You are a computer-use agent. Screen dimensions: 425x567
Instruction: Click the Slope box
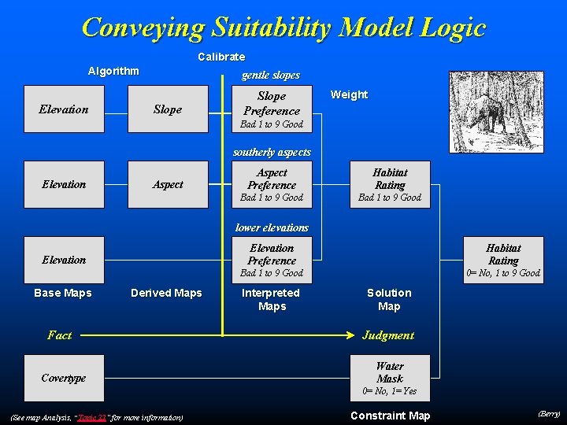click(x=168, y=109)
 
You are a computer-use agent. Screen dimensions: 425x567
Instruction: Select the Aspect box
click(x=168, y=184)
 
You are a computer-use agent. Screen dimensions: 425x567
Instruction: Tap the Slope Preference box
click(x=272, y=109)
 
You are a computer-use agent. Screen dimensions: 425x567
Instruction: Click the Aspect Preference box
click(x=272, y=184)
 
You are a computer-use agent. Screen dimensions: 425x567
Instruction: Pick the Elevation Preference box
click(x=272, y=260)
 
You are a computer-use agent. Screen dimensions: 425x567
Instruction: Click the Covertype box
click(x=64, y=378)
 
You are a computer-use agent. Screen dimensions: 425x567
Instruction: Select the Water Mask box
click(x=390, y=378)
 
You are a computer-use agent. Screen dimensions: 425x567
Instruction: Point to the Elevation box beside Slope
click(x=64, y=109)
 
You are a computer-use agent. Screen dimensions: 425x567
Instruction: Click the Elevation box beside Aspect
click(x=64, y=184)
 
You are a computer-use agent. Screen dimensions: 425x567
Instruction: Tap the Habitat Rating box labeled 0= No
click(x=503, y=260)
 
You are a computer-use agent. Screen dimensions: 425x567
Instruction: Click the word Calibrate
click(x=221, y=57)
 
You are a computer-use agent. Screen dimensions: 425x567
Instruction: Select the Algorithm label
click(x=113, y=71)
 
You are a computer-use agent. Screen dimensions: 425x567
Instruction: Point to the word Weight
click(x=349, y=94)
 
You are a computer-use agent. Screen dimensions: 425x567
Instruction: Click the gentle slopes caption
click(x=271, y=76)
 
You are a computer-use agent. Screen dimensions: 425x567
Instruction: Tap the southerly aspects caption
click(x=272, y=152)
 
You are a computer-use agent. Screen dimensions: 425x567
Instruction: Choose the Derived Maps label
click(x=166, y=293)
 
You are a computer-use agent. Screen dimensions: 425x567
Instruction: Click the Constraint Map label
click(x=390, y=416)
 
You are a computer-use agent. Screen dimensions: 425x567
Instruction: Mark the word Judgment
click(x=387, y=335)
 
